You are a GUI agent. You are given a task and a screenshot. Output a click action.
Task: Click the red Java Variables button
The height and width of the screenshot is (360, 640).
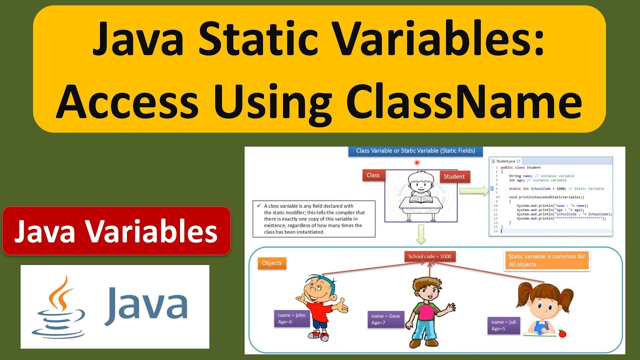point(116,231)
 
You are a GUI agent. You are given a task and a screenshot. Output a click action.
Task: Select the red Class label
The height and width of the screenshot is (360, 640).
point(373,175)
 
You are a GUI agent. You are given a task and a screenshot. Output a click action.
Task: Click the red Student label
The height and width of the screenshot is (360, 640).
point(454,176)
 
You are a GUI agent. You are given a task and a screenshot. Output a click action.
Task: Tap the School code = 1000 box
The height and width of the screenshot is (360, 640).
point(429,256)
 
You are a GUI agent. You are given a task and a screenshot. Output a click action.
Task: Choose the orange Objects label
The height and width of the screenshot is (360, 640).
point(272,263)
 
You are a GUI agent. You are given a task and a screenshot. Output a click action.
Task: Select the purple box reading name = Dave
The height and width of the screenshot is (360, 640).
point(386,319)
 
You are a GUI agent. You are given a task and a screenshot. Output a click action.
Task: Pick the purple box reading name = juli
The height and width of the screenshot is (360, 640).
point(503,325)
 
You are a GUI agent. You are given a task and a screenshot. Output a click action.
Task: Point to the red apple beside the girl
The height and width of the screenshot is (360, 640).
point(562,333)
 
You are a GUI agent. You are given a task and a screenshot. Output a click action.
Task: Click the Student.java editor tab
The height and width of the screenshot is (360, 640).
point(505,161)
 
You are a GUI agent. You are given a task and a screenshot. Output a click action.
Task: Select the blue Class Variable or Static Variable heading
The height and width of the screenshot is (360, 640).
point(415,150)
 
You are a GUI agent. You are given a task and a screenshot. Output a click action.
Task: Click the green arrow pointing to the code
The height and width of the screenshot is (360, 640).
point(473,190)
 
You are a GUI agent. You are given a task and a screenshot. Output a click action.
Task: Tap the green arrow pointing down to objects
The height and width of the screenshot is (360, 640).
point(420,234)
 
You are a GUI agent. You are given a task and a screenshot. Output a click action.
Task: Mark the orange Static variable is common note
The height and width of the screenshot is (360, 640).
point(547,260)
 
